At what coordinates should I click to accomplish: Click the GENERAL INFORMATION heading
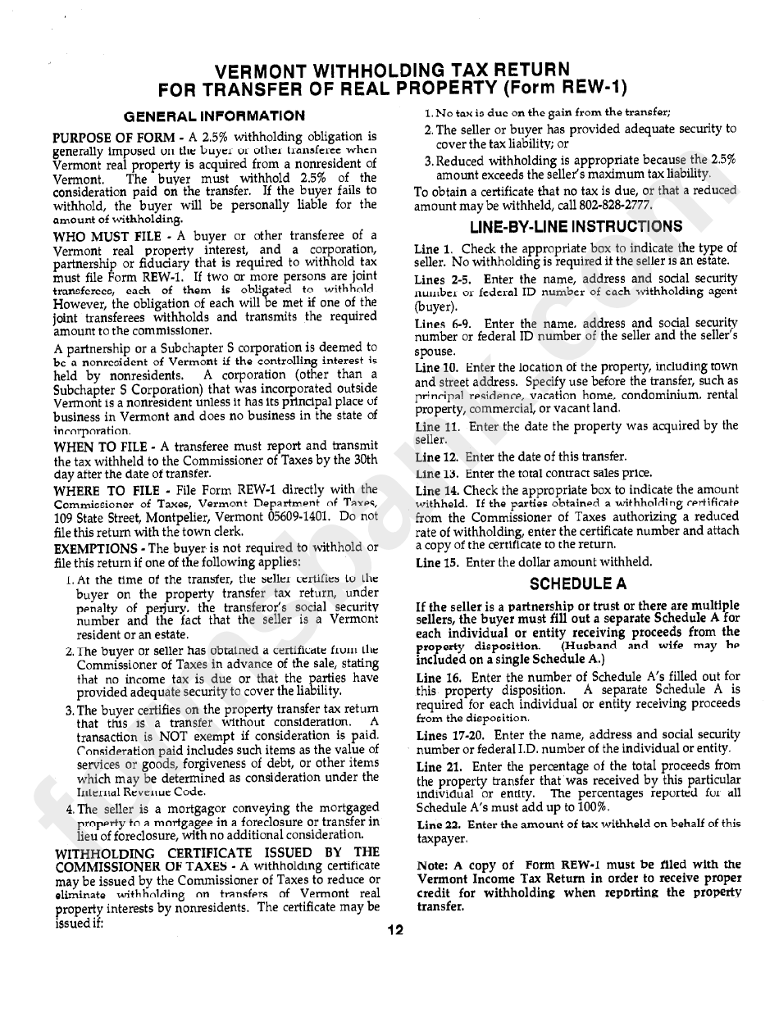click(x=213, y=116)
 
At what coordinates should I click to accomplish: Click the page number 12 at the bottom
click(x=395, y=930)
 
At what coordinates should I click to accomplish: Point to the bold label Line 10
click(x=437, y=368)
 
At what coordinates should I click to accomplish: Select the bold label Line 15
click(x=437, y=562)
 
